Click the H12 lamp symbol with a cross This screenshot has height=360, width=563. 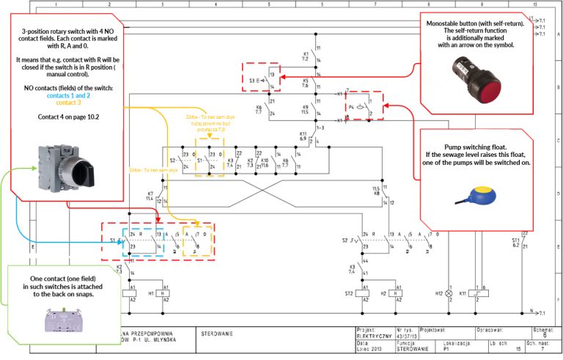[x=449, y=293]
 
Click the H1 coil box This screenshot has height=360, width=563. [x=165, y=293]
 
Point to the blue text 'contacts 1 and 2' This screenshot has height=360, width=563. [x=68, y=95]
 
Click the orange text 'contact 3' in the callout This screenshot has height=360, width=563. [x=68, y=103]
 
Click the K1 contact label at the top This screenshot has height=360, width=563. [x=306, y=55]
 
